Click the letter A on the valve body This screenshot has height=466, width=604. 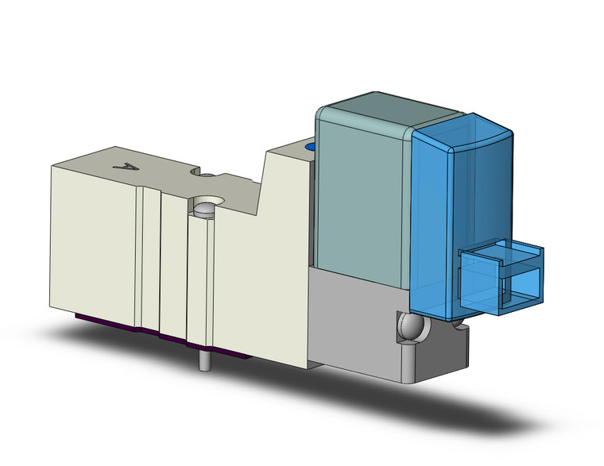tap(124, 168)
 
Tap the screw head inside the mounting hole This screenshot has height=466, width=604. tap(203, 210)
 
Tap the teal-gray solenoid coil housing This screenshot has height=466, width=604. tap(361, 198)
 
